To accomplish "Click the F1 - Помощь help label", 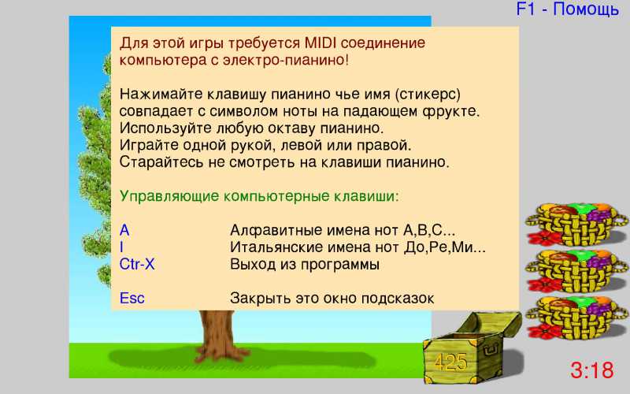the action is (x=567, y=9).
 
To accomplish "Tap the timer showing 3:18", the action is (x=592, y=370).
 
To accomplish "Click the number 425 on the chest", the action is (x=450, y=362).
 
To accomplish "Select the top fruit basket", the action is (x=576, y=224).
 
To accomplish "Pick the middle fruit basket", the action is (x=576, y=270).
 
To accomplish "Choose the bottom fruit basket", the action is (x=576, y=318).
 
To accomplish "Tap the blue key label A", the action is (x=124, y=230).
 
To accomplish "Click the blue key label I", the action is (x=122, y=247).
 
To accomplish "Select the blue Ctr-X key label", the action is (x=137, y=264).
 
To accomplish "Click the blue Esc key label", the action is (x=132, y=299).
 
